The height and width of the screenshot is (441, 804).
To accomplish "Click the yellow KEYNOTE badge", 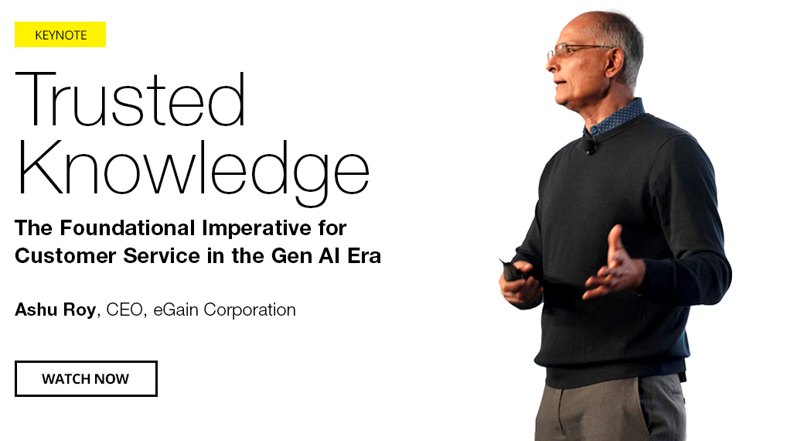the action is point(60,34).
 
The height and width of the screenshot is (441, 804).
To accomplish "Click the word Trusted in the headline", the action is point(130,99).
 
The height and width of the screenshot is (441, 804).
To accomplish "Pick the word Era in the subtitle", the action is point(364,255).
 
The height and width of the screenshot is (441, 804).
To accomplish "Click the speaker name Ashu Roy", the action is point(56,309).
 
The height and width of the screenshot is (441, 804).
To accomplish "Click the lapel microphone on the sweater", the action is point(590,145).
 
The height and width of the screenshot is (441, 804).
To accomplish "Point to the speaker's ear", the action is point(615,62).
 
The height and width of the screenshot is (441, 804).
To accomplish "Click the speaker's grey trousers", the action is point(610,409).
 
